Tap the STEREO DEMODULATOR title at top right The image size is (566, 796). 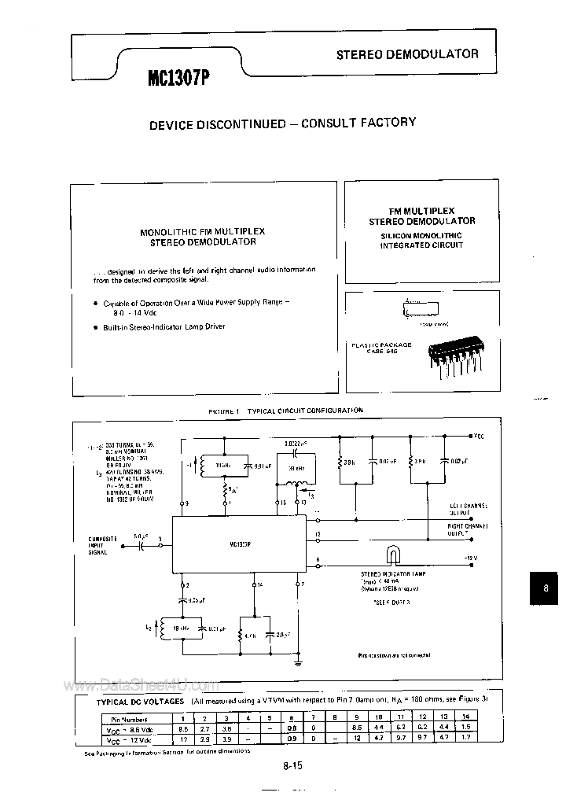click(407, 54)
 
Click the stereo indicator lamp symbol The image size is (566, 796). click(392, 557)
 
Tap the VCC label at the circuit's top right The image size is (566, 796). click(479, 434)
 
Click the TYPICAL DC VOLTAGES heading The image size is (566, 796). click(141, 701)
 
